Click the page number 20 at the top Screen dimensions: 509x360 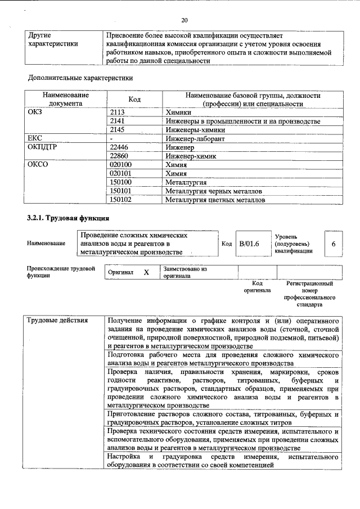[x=184, y=20]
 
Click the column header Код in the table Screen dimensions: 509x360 [x=134, y=100]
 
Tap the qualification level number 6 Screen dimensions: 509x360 [x=334, y=244]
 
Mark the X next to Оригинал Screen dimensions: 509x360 [x=146, y=272]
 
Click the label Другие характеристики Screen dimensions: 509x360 [x=53, y=39]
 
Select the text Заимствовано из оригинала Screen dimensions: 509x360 [x=185, y=273]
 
